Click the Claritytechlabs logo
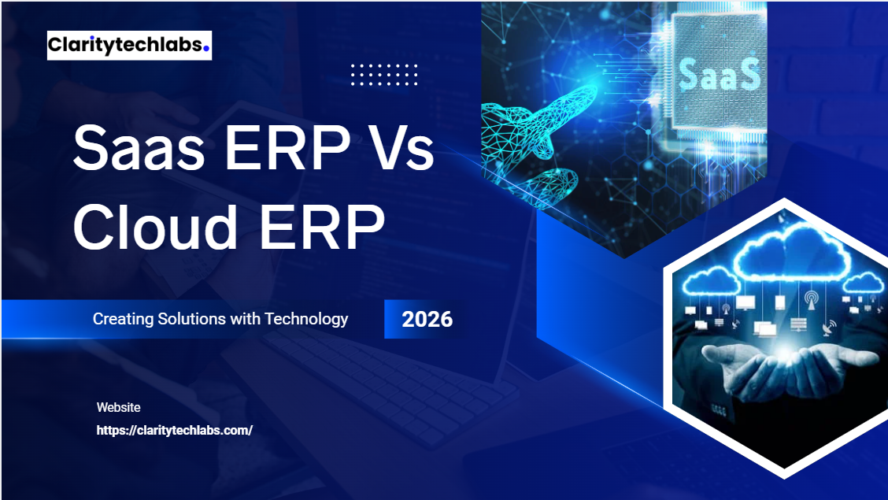point(128,45)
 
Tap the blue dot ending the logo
point(206,47)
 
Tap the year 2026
point(427,319)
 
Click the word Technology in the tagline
point(306,319)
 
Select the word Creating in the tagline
point(118,319)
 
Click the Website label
point(119,407)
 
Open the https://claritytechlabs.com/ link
point(174,431)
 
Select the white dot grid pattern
point(384,74)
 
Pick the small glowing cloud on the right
point(864,282)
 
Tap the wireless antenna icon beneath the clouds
point(811,300)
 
